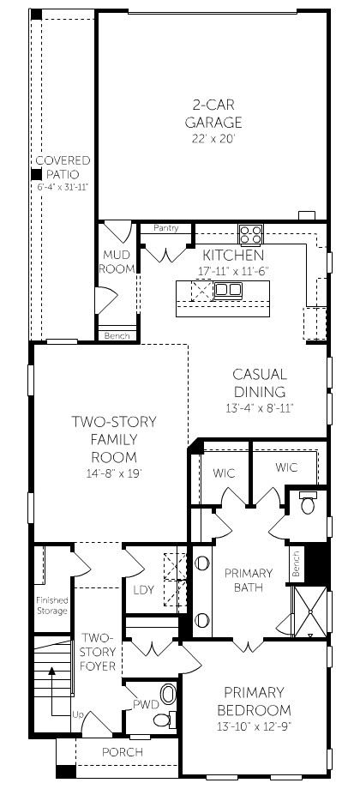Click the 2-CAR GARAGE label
click(x=213, y=114)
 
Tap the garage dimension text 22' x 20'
click(x=213, y=139)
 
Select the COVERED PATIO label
click(x=63, y=167)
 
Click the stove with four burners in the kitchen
click(x=251, y=234)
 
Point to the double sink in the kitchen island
click(x=228, y=290)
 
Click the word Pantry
click(x=166, y=228)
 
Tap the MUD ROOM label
click(x=117, y=262)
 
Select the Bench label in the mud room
click(x=117, y=335)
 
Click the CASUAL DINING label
click(x=260, y=383)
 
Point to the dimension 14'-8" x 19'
click(x=113, y=473)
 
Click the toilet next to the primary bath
click(x=308, y=503)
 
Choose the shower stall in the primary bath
click(x=309, y=611)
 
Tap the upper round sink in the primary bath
click(x=202, y=563)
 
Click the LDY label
click(x=143, y=590)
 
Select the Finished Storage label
click(x=51, y=605)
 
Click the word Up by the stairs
click(x=77, y=714)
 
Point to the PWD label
click(x=146, y=703)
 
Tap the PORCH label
click(x=123, y=753)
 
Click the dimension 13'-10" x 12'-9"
click(x=254, y=726)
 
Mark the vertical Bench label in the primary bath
click(x=296, y=563)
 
